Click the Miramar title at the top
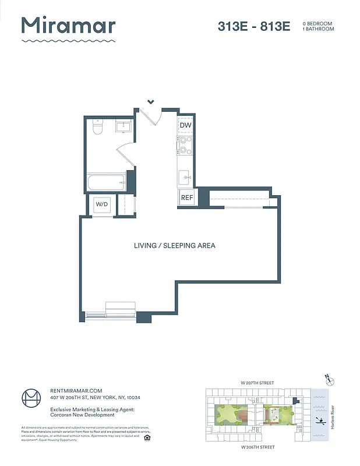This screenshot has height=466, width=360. point(68,26)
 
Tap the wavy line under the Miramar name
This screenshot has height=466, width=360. point(68,41)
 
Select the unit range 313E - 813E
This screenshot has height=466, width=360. point(254,26)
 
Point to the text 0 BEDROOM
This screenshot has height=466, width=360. point(317,23)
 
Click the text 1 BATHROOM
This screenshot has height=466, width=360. point(318,29)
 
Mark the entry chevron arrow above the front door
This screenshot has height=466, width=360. point(151,102)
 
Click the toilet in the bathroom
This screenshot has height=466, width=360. point(97,128)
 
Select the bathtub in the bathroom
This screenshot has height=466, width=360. point(106,182)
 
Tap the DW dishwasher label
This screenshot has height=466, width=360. point(185,126)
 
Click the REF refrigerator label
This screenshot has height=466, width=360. point(186,198)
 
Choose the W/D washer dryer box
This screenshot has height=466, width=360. point(102,204)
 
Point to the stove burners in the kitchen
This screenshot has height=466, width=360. point(185,145)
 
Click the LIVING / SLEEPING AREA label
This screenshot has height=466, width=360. point(175,245)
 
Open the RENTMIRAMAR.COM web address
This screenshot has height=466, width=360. point(76,391)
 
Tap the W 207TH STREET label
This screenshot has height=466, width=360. point(257,383)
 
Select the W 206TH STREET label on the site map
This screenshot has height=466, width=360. point(257,447)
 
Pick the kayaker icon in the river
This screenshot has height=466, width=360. point(319,420)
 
